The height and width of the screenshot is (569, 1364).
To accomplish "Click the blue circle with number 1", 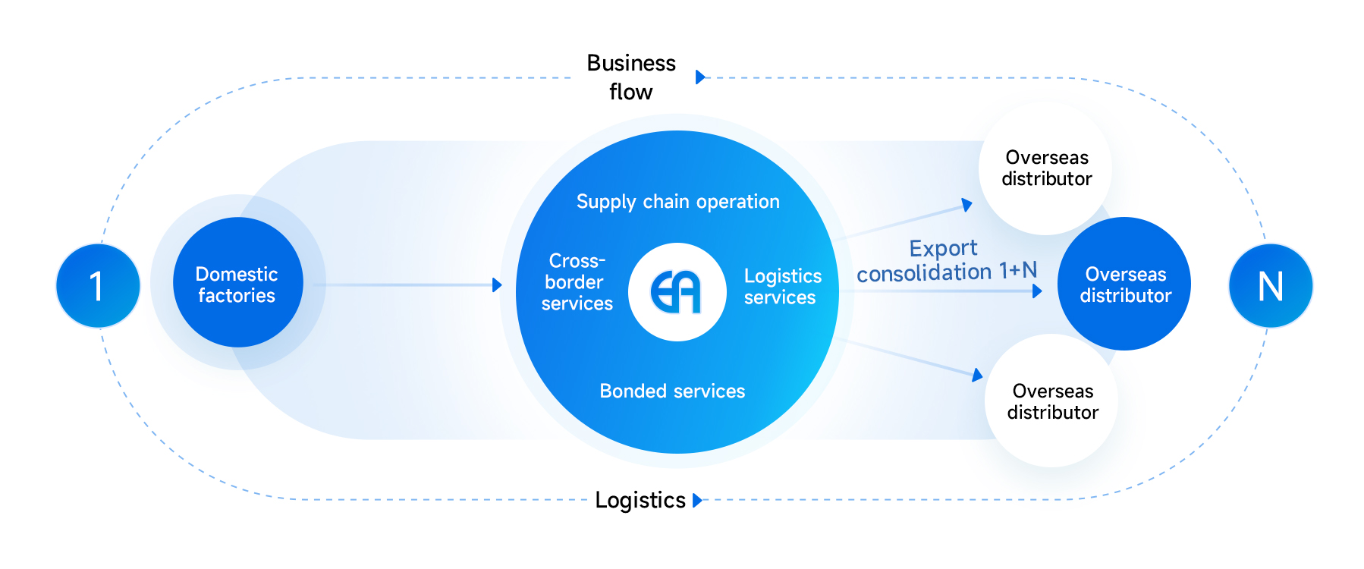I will point(98,286).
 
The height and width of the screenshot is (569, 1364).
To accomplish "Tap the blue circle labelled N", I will point(1271,286).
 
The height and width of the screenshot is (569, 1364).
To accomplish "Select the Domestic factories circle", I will point(237,283).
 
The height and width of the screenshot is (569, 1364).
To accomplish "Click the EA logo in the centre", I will point(677,292).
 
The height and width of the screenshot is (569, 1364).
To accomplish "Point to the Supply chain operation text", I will point(677,202).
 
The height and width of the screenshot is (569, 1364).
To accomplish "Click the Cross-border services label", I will point(577,282).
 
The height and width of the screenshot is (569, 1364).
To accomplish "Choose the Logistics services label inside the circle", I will point(782,287).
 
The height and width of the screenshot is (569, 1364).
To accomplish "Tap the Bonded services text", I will point(672,391).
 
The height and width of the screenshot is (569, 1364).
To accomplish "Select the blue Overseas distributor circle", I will point(1125,284).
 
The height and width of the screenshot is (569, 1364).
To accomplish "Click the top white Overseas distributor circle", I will point(1046,168).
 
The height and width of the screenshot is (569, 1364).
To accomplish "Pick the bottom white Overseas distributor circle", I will point(1052,401).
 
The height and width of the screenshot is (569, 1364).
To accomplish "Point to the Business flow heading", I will point(631,77).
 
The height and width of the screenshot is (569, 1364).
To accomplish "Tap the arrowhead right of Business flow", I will point(700,77).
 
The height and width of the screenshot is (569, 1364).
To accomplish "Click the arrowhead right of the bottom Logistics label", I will point(697,500).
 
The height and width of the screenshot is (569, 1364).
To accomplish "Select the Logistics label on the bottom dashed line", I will point(640,500).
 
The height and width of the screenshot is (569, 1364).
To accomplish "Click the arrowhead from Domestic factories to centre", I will point(497,285).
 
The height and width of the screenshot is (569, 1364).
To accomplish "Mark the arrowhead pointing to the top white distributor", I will point(966,204).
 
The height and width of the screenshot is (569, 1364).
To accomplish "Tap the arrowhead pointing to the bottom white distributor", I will point(977,374).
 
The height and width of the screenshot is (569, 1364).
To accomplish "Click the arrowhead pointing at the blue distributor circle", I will point(1037,291).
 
